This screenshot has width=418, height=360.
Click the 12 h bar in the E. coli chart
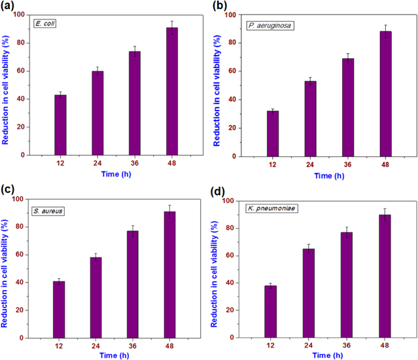pyautogui.click(x=60, y=125)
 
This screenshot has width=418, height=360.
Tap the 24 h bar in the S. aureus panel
pyautogui.click(x=96, y=298)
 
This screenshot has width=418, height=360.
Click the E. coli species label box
pyautogui.click(x=46, y=25)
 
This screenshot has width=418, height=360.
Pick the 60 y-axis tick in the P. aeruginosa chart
pyautogui.click(x=232, y=71)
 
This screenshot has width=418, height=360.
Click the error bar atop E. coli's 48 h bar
pyautogui.click(x=172, y=27)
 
